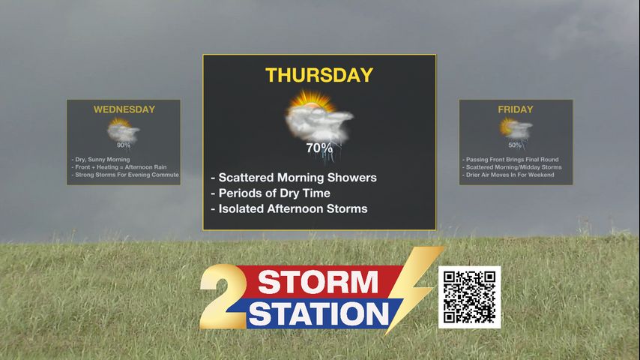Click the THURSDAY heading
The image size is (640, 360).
[x=319, y=75]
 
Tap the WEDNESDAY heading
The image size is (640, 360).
[x=124, y=109]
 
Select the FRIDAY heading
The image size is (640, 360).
[x=516, y=109]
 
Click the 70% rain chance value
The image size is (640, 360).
[x=319, y=148]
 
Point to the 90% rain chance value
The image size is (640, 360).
[x=123, y=145]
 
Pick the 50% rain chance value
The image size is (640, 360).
[x=515, y=145]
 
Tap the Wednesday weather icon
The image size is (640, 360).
[x=123, y=130]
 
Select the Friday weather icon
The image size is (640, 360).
[x=516, y=129]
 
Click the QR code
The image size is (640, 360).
[x=469, y=297]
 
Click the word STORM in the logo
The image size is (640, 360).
[x=318, y=282]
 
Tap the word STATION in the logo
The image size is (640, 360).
[x=319, y=313]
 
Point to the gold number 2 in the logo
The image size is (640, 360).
[x=223, y=296]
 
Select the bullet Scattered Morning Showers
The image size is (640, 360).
[x=294, y=178]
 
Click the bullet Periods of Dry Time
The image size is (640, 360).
[x=271, y=193]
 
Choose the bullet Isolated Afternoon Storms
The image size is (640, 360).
[x=289, y=208]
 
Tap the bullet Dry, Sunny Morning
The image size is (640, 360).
[x=101, y=159]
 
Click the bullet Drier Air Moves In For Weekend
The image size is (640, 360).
[x=508, y=175]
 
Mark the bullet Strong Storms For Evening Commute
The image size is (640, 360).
[x=125, y=175]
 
